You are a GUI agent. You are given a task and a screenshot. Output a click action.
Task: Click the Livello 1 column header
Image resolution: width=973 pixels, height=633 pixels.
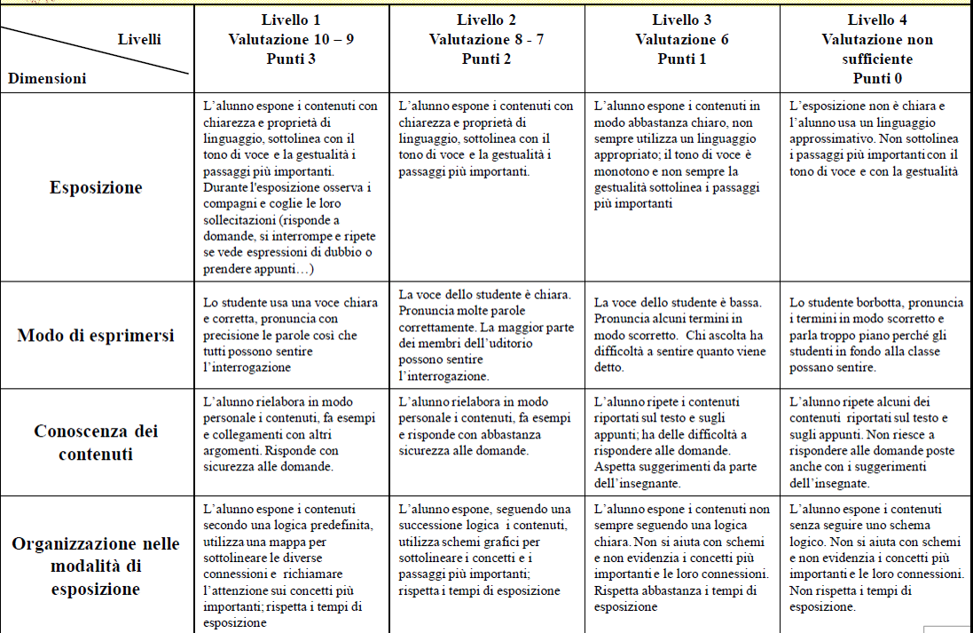291,20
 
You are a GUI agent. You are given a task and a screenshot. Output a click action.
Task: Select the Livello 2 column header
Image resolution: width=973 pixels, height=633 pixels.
486,20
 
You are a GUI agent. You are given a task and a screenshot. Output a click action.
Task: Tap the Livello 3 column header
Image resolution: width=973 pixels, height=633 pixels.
681,20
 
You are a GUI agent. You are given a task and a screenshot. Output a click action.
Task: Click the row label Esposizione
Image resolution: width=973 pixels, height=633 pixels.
96,187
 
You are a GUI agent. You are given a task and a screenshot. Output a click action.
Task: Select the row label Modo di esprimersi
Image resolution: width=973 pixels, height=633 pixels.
96,336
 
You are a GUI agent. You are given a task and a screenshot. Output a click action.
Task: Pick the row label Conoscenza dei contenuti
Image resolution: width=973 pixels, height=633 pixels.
96,441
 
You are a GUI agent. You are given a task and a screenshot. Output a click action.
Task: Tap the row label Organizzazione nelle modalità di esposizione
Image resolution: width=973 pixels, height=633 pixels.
96,566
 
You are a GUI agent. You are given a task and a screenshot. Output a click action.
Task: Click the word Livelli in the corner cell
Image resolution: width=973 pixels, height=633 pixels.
139,39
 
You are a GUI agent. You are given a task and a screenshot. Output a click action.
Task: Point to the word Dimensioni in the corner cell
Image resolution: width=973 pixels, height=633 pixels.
47,78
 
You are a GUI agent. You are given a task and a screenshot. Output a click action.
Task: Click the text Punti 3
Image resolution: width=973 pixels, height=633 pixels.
291,59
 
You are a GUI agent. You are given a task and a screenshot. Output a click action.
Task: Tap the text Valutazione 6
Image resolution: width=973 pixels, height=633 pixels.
681,39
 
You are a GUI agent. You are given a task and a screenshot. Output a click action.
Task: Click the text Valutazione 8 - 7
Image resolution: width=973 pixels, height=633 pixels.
486,39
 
